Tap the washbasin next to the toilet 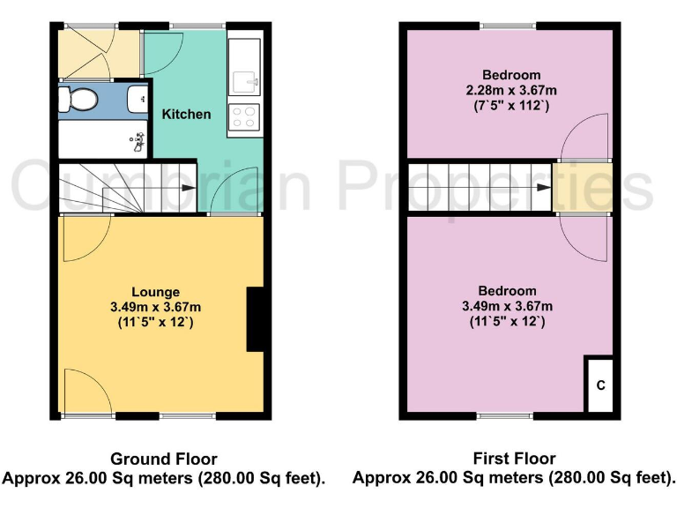point(139,101)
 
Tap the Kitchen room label point(186,114)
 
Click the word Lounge point(156,292)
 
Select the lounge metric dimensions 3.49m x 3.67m point(156,307)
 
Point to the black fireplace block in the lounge point(255,319)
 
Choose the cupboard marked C point(600,385)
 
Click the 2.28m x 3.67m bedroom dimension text point(511,90)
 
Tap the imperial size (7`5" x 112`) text point(511,105)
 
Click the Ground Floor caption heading point(163,459)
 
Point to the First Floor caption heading point(514,459)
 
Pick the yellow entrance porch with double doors point(99,55)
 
